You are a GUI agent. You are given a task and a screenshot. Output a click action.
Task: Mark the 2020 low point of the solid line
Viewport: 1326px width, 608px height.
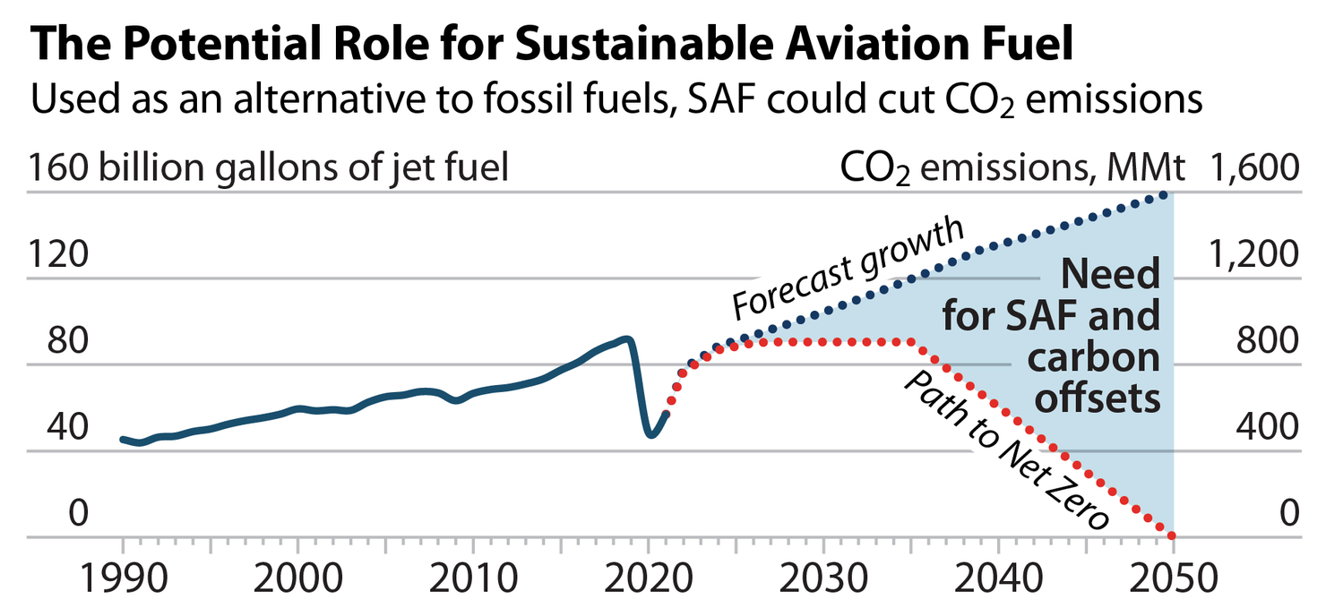coord(651,435)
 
